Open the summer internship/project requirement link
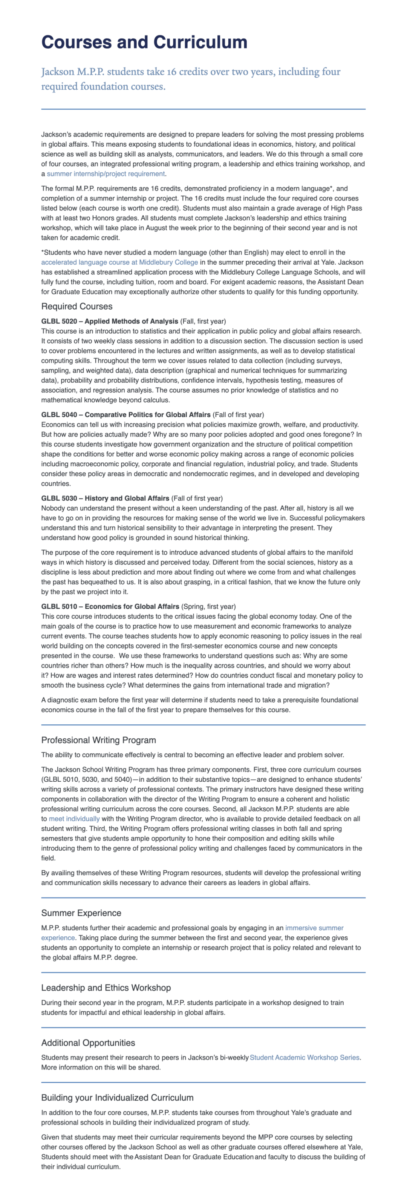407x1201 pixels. click(106, 174)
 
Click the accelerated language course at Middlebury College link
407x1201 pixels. click(119, 262)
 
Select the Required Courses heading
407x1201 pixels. click(77, 306)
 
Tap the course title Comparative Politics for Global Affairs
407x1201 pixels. click(147, 414)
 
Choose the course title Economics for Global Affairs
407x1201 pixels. click(132, 607)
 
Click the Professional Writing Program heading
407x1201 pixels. click(98, 740)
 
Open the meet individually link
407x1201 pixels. click(74, 819)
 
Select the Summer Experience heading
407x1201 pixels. click(81, 913)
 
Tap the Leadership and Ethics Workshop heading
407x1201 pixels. click(106, 988)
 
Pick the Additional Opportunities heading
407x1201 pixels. click(88, 1043)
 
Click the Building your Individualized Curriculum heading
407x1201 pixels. click(117, 1098)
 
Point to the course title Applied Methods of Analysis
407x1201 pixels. click(132, 321)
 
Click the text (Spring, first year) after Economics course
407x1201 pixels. click(208, 607)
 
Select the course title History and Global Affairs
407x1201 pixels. click(127, 498)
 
